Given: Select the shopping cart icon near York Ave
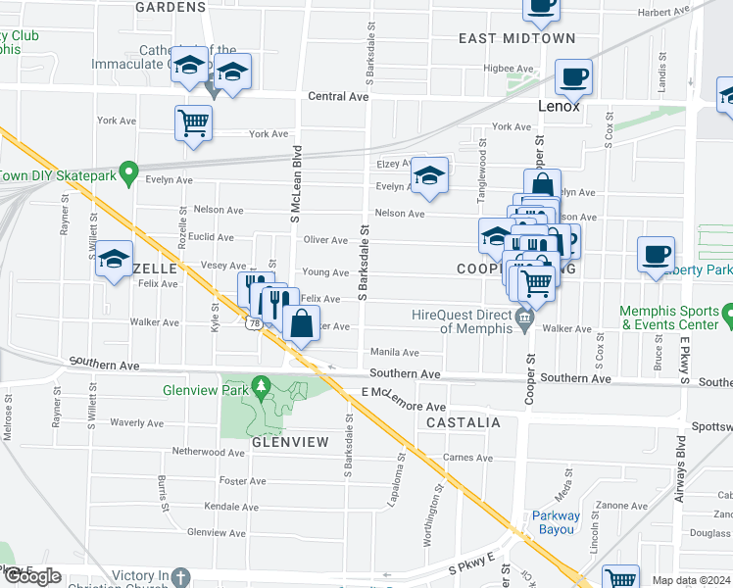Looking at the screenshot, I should pos(193,122).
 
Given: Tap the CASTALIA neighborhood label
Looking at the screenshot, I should pos(464,422).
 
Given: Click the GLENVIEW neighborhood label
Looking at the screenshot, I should pos(290,442).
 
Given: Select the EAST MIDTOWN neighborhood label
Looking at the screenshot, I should pos(517,38).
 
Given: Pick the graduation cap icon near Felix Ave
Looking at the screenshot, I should pos(115,258).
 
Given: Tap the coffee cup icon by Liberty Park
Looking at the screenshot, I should pos(656,253).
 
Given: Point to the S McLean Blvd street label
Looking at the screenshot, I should pos(293,185).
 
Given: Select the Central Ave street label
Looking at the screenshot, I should pos(338,97).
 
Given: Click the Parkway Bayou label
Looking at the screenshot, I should pos(556,523).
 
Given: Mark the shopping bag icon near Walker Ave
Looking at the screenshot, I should pos(302,322).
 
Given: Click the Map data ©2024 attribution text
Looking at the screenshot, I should pos(692,580).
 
